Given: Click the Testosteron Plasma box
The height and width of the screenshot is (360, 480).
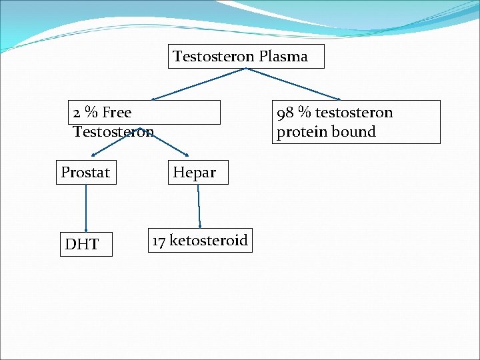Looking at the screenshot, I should point(245,57).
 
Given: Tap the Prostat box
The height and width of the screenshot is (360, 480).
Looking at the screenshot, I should point(85,173).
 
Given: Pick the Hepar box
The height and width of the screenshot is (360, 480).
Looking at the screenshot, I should point(195,173).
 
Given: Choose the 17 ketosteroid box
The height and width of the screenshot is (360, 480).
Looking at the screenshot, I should point(200,240).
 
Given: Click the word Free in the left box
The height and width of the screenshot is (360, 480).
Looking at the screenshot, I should point(116,113).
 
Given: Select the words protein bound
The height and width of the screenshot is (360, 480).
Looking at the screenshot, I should point(326,131).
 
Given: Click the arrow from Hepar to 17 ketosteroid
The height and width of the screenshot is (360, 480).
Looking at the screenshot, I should point(199,206).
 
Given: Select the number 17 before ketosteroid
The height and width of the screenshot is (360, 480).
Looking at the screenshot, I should point(159,240).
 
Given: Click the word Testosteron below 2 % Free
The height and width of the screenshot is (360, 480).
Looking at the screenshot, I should point(113,131).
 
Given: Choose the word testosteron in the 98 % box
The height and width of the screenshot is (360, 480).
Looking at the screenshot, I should point(357,113).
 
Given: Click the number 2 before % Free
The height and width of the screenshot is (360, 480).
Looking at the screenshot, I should point(77,113).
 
